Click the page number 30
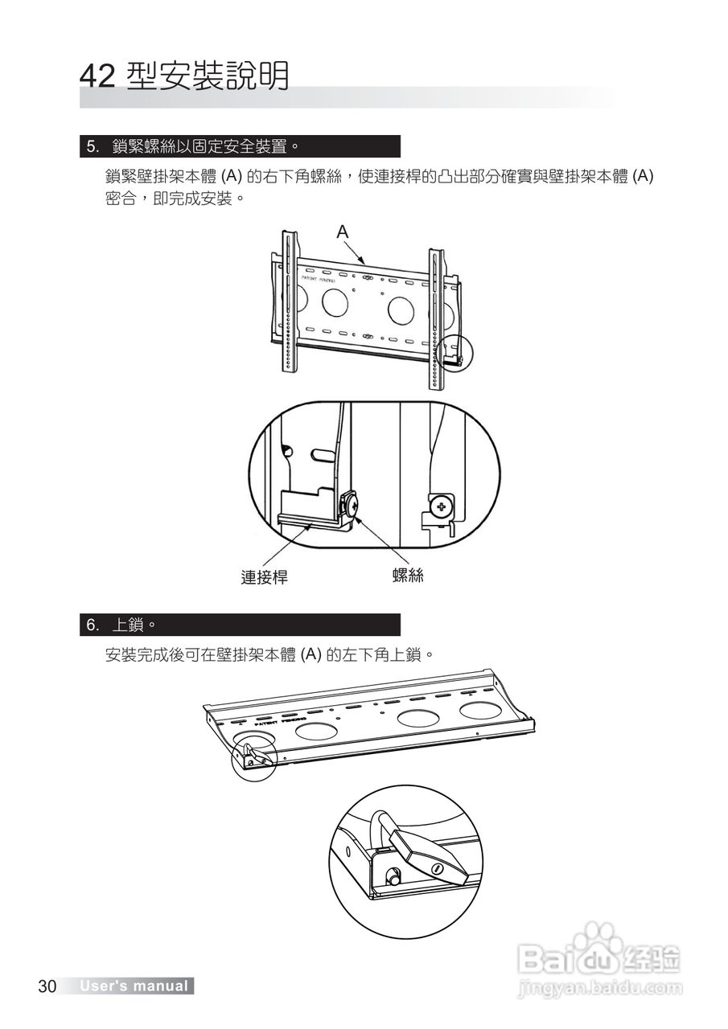(x=47, y=986)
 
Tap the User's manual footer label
(x=134, y=986)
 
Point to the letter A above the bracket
(x=343, y=232)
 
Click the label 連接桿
(x=265, y=577)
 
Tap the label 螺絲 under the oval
(x=408, y=576)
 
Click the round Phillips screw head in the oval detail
(x=439, y=507)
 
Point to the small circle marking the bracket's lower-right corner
(x=458, y=352)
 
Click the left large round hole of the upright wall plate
(x=333, y=301)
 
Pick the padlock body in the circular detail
(x=426, y=854)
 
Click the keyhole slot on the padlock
(x=438, y=870)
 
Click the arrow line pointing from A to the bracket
(x=356, y=251)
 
